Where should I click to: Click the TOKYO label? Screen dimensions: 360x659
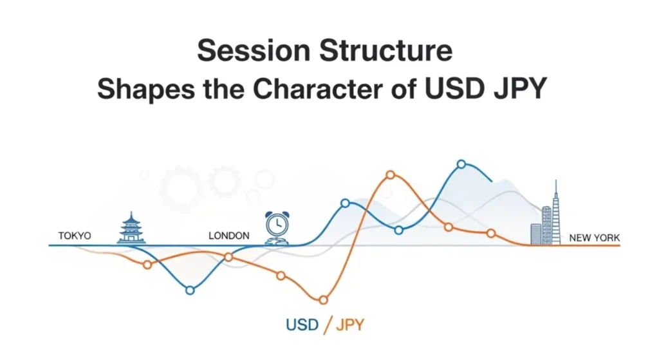click(75, 236)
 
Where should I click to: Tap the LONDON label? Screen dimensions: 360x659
click(228, 236)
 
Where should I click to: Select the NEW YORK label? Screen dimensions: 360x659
click(594, 238)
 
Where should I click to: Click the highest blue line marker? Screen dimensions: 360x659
click(461, 164)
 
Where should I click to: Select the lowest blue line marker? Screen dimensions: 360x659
click(190, 290)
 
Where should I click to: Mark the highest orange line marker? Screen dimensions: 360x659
click(390, 175)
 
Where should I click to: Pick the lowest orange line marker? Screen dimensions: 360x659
click(323, 299)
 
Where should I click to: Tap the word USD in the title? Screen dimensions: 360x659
click(449, 90)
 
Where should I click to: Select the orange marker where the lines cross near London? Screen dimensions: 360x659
click(228, 257)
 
